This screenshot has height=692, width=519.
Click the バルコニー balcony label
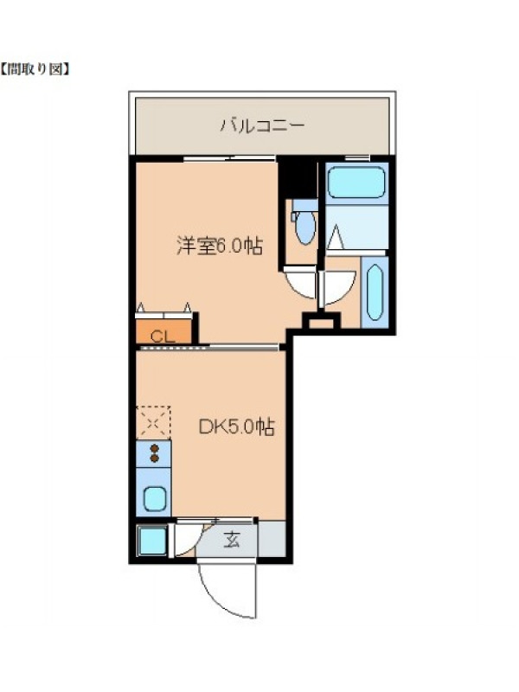pyautogui.click(x=262, y=125)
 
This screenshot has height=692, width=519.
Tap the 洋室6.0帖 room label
pyautogui.click(x=220, y=246)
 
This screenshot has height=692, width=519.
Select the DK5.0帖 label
pyautogui.click(x=236, y=426)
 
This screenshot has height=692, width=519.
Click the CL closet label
pyautogui.click(x=163, y=336)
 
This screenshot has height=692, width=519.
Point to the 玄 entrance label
pyautogui.click(x=231, y=539)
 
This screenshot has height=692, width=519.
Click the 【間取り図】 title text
pyautogui.click(x=35, y=69)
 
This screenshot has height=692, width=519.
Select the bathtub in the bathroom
pyautogui.click(x=356, y=182)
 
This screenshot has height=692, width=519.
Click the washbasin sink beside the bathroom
pyautogui.click(x=375, y=292)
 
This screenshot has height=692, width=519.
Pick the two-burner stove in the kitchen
pyautogui.click(x=154, y=453)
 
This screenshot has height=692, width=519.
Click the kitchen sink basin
pyautogui.click(x=155, y=498)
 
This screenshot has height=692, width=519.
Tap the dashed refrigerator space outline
pyautogui.click(x=153, y=423)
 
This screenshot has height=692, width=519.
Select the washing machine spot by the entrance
pyautogui.click(x=152, y=541)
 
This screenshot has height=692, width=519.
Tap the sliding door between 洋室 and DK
pyautogui.click(x=208, y=348)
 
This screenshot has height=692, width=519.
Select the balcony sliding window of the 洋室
pyautogui.click(x=229, y=158)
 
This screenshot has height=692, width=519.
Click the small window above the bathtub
pyautogui.click(x=356, y=158)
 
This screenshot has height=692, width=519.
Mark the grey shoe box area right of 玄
pyautogui.click(x=272, y=539)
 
